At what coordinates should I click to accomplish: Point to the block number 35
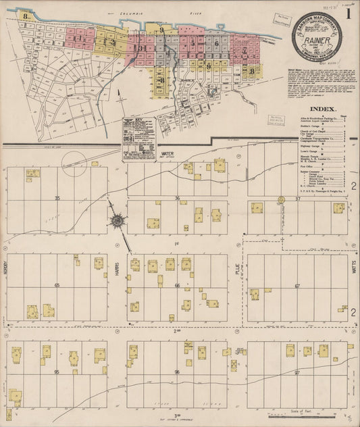coord(57,198)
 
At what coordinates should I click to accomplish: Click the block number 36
coord(177,198)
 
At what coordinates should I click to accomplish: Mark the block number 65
coord(57,286)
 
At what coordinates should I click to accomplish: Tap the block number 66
coord(177,286)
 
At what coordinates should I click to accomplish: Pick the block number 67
coord(297,286)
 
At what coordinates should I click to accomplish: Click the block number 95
coord(57,372)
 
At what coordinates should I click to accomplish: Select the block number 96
coord(177,372)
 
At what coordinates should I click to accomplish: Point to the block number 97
coord(297,372)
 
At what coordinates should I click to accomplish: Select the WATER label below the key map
coord(168,154)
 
